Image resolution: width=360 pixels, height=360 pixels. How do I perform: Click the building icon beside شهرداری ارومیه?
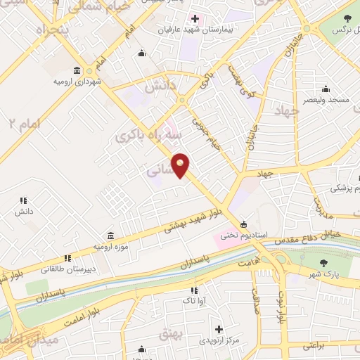click(77, 70)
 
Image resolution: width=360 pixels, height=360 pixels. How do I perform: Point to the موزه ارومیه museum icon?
click(110, 236)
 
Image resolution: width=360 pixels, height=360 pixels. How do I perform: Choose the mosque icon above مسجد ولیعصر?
click(325, 89)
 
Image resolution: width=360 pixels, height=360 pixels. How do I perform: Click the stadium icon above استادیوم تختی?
click(243, 224)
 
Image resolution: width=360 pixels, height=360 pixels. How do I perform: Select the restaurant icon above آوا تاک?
click(195, 290)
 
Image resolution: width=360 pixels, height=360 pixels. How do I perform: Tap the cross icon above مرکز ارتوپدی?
click(219, 329)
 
